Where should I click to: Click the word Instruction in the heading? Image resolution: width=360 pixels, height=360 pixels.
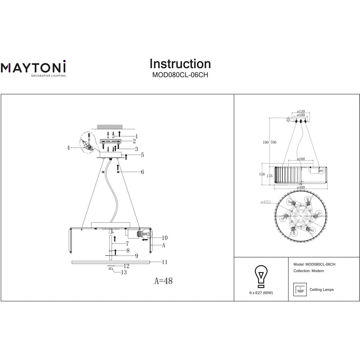[180, 64]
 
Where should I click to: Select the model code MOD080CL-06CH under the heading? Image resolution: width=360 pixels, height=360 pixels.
[180, 76]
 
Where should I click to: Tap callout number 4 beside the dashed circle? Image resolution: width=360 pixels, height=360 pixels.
[68, 147]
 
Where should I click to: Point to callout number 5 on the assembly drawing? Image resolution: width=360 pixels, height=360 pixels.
[143, 155]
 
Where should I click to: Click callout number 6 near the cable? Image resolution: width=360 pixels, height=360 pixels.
[143, 172]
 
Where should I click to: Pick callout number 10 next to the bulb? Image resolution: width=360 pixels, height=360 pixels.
[165, 238]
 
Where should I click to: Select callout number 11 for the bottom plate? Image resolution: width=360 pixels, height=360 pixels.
[165, 262]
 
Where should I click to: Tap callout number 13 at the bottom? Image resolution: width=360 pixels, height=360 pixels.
[124, 273]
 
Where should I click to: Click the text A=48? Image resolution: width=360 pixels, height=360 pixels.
[163, 281]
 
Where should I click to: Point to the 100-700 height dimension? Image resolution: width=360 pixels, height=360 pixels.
[269, 143]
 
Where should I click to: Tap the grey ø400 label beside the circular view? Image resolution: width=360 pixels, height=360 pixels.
[266, 202]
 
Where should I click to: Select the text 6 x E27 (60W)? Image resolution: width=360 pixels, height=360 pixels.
[261, 293]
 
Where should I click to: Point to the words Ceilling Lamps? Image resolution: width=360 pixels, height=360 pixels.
[321, 289]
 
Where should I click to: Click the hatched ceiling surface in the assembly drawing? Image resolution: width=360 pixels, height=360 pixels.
[109, 127]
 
